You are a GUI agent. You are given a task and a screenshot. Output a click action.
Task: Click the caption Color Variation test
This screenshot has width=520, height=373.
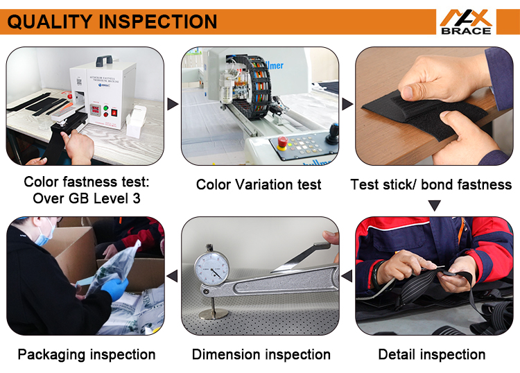[259, 184]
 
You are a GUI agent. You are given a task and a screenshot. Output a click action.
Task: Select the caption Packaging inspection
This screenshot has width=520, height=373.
[87, 354]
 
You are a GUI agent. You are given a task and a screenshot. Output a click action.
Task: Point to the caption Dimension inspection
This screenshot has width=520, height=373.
[261, 354]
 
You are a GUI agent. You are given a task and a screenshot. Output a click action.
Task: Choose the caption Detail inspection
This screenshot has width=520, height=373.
[432, 354]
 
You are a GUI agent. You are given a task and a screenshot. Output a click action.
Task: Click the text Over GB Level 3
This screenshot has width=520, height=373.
[87, 199]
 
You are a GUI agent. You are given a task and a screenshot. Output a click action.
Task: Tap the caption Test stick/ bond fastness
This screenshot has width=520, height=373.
[431, 184]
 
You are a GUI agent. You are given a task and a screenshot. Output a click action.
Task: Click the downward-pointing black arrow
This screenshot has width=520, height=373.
[434, 205]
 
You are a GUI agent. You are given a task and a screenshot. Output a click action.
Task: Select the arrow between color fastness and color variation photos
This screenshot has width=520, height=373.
[173, 105]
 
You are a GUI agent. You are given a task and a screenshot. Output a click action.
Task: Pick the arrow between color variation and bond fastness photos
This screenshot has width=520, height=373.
[347, 105]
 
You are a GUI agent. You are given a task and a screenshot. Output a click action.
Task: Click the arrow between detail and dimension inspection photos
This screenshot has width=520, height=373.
[347, 277]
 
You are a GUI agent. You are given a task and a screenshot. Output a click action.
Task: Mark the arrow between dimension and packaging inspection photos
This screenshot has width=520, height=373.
[173, 277]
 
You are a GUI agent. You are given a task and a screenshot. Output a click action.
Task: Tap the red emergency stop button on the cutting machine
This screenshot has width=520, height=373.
[282, 142]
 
